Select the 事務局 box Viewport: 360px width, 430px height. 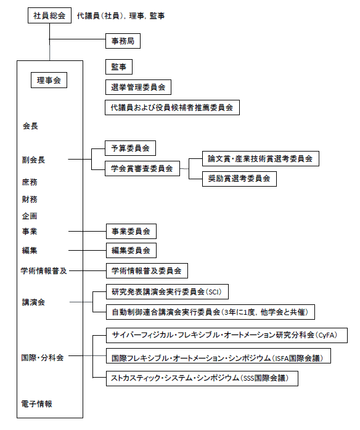coord(122,41)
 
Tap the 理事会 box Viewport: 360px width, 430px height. coord(49,80)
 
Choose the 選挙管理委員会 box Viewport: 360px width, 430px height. coord(138,87)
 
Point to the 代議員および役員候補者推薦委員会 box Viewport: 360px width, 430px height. coord(172,107)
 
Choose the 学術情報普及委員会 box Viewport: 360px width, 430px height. coord(147,270)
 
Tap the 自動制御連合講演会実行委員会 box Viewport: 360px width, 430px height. coord(210,312)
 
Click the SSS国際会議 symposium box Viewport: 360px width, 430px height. coord(202,378)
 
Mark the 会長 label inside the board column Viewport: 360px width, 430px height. coord(30,126)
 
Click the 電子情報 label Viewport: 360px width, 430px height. coord(37,404)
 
